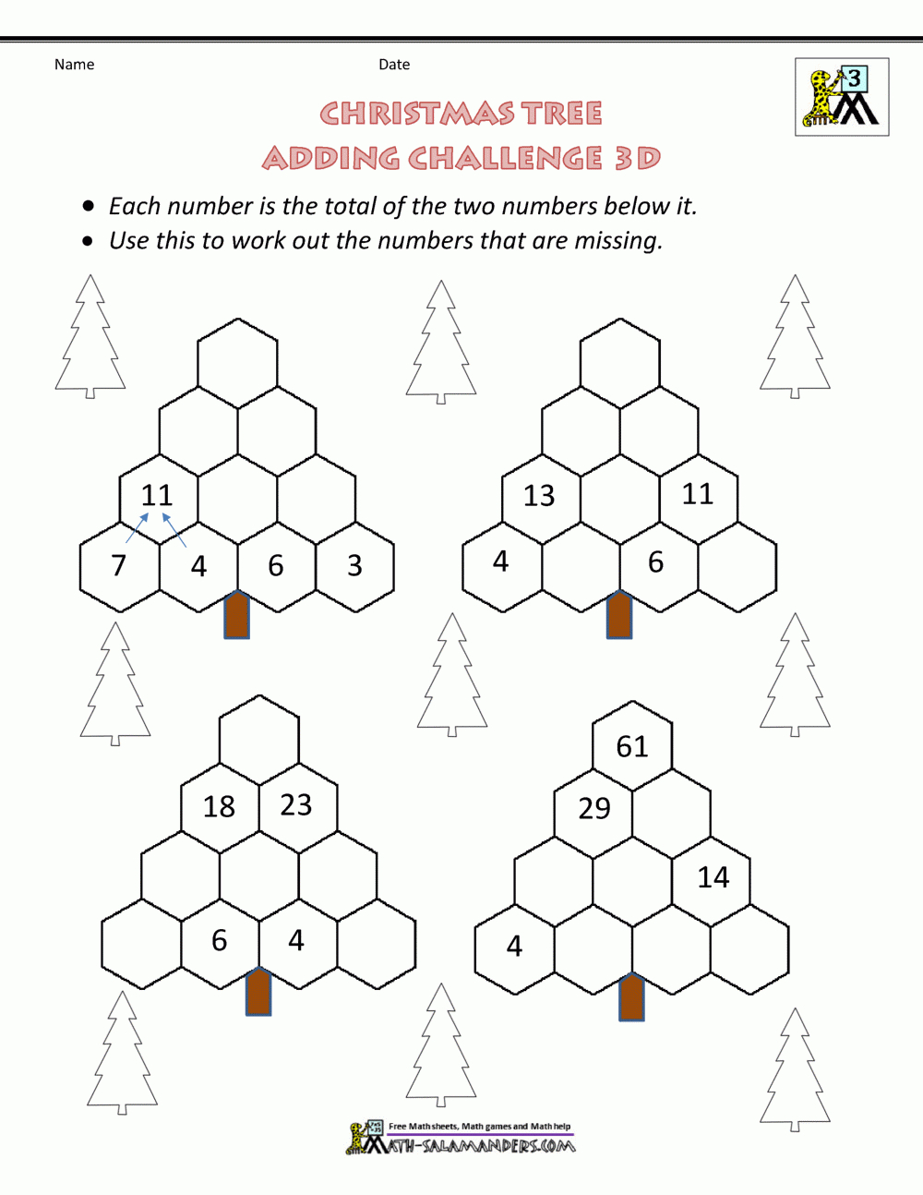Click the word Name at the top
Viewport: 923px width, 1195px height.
[x=74, y=65]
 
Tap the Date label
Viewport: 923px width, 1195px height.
[x=394, y=65]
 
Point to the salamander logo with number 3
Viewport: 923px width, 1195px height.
[x=842, y=97]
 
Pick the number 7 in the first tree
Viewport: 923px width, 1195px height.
[x=118, y=565]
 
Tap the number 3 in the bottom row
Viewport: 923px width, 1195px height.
[x=354, y=566]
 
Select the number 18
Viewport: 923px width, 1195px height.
[x=219, y=807]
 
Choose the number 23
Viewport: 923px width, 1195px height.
[x=296, y=805]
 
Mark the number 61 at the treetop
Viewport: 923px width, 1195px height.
[x=632, y=747]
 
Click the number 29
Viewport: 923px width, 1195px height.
[x=594, y=809]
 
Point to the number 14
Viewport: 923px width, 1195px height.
[x=713, y=877]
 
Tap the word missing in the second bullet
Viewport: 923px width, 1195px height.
[x=617, y=241]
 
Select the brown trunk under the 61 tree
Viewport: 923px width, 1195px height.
[x=631, y=996]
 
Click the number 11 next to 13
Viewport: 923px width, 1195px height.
[x=698, y=495]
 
